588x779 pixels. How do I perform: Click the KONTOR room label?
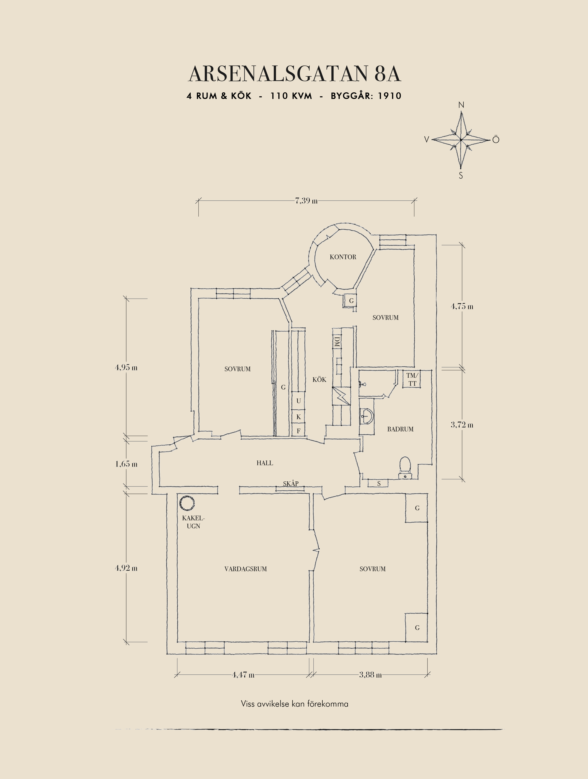click(343, 257)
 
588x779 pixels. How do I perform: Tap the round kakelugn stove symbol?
click(186, 503)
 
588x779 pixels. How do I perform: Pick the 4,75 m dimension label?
click(462, 306)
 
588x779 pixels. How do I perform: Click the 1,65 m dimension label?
click(126, 464)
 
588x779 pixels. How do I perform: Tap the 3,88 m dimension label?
click(370, 675)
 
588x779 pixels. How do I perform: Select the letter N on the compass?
click(461, 105)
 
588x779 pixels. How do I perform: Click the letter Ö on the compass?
click(496, 140)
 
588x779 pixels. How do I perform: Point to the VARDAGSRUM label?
click(245, 569)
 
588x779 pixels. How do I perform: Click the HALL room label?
click(264, 463)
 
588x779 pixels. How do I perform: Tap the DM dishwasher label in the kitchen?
click(337, 341)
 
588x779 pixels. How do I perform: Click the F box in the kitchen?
click(299, 430)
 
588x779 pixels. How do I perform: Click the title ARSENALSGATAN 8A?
click(295, 74)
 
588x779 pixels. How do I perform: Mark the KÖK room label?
click(319, 379)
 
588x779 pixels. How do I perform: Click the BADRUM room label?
click(400, 429)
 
